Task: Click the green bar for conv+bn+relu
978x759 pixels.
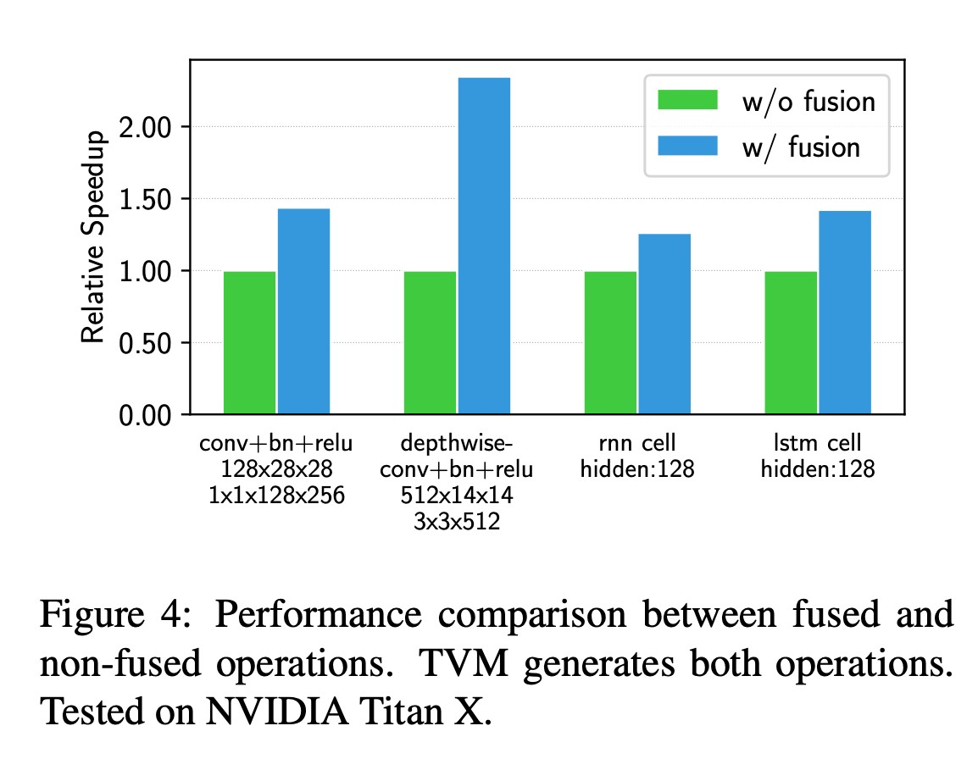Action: pyautogui.click(x=250, y=342)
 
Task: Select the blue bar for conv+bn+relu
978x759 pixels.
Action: pyautogui.click(x=304, y=311)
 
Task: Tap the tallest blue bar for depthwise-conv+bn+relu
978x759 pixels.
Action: pyautogui.click(x=485, y=246)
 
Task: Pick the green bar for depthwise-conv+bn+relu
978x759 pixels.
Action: pyautogui.click(x=431, y=342)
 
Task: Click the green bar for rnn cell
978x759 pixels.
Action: pyautogui.click(x=611, y=342)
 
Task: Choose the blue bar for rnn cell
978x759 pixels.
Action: pyautogui.click(x=664, y=324)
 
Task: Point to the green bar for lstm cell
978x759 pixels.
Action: pyautogui.click(x=791, y=342)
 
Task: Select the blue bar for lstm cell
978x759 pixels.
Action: pyautogui.click(x=845, y=312)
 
